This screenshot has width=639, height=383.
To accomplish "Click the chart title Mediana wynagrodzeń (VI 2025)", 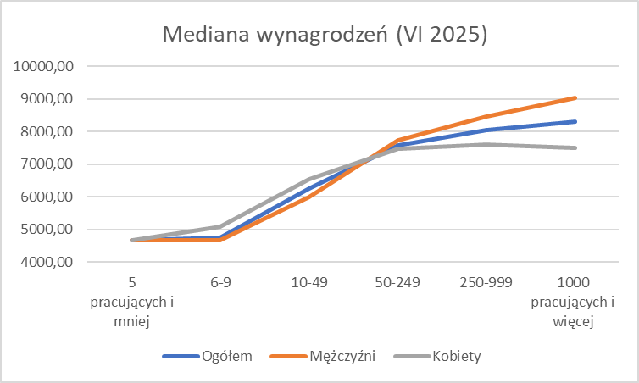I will [x=325, y=36].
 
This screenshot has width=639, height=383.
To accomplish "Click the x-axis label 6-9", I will [x=220, y=285].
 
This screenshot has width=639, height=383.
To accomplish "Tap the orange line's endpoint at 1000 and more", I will [x=575, y=98].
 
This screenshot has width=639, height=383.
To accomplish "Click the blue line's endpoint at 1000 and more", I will [x=575, y=122].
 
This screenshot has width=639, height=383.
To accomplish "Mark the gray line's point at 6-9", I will [x=220, y=226].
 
